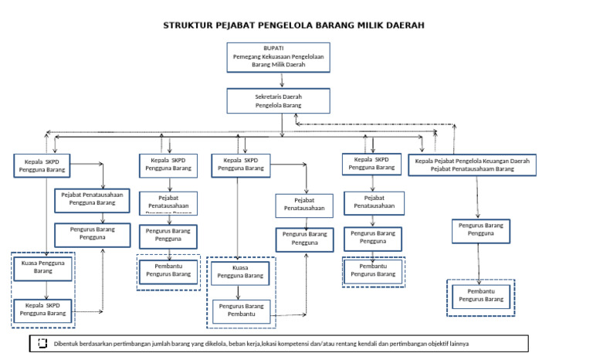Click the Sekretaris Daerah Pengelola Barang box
(x=278, y=100)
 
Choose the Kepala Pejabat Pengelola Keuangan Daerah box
(x=472, y=164)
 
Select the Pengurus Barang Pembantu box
(x=241, y=310)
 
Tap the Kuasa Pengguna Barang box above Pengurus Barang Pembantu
(x=240, y=272)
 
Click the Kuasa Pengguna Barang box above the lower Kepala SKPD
(x=43, y=267)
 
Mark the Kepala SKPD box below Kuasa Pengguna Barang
(x=42, y=309)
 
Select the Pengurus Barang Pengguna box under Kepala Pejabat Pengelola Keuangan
(x=481, y=229)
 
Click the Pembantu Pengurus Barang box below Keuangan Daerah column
(x=481, y=294)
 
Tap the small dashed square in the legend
(x=42, y=343)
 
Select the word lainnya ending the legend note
(x=457, y=343)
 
